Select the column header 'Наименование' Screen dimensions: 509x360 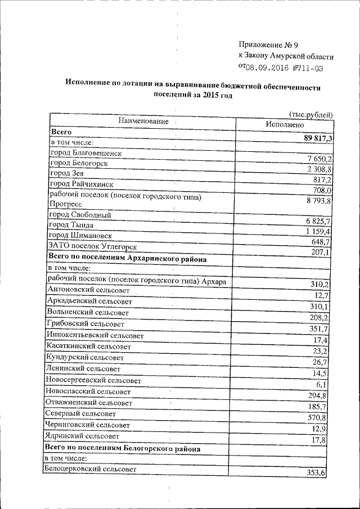click(x=143, y=121)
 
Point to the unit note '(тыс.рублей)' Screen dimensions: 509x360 click(x=310, y=115)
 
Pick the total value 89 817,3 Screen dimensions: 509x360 click(x=318, y=138)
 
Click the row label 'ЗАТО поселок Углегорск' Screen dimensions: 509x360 click(x=92, y=246)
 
